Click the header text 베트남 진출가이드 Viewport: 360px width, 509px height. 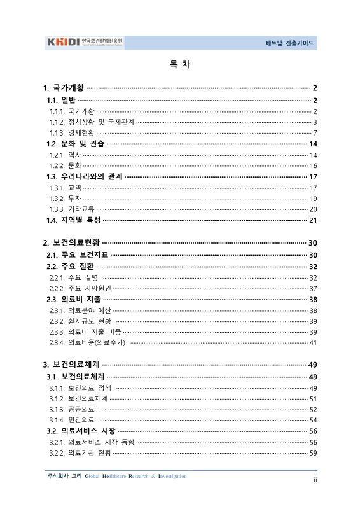click(x=290, y=44)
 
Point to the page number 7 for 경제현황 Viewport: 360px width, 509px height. click(x=315, y=132)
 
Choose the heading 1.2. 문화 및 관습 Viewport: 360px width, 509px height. click(x=75, y=144)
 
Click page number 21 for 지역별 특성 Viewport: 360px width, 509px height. click(x=313, y=220)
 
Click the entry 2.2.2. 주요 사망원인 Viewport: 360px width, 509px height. click(x=80, y=288)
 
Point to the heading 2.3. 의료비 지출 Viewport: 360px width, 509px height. click(x=73, y=299)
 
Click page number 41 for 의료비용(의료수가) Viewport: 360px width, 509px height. click(x=313, y=343)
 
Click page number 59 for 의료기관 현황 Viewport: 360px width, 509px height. click(x=313, y=453)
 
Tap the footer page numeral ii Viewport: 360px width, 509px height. click(x=315, y=480)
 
